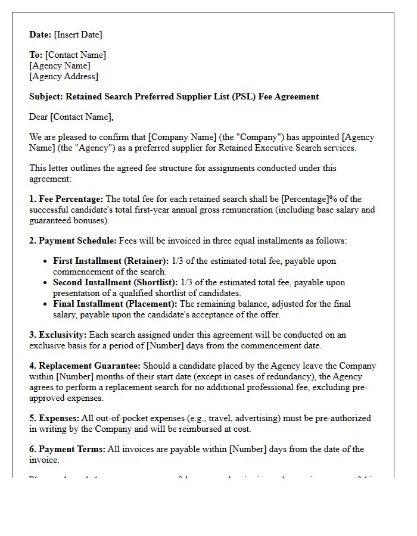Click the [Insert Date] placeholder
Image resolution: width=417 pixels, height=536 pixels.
click(x=78, y=35)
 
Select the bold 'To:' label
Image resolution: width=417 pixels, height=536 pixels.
click(x=36, y=55)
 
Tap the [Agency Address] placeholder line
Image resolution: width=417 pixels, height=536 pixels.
click(x=64, y=76)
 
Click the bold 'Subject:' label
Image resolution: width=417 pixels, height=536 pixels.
click(x=46, y=96)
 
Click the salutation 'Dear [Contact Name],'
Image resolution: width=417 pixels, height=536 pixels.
click(x=71, y=117)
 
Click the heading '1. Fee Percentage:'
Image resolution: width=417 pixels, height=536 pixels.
click(x=66, y=199)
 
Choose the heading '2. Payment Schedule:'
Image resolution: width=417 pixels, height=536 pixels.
click(x=73, y=241)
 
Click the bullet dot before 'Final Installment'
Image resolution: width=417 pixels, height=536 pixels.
click(x=46, y=304)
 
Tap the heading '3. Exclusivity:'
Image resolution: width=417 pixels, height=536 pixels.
click(x=58, y=335)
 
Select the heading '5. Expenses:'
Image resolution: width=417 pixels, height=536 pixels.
click(x=54, y=418)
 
